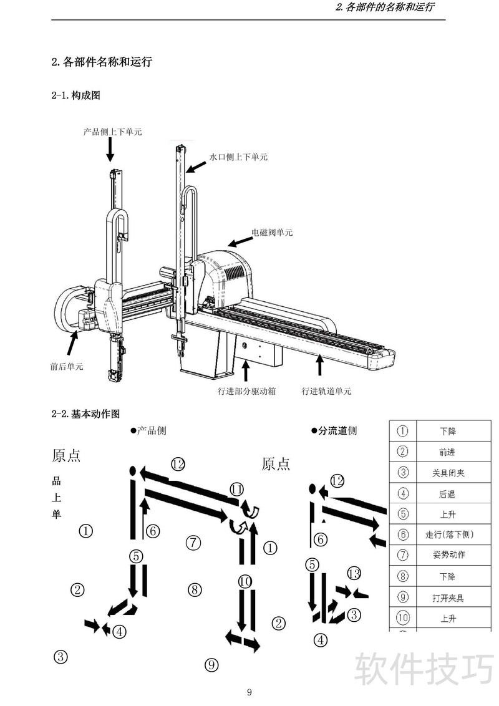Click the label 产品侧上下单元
click(112, 132)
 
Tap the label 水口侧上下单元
click(238, 157)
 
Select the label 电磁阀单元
click(271, 233)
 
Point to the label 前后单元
click(67, 366)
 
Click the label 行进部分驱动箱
click(247, 392)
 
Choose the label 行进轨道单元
click(326, 392)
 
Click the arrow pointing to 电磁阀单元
click(238, 242)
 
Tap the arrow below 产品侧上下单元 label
click(110, 150)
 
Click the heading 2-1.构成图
click(76, 95)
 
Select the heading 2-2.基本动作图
click(85, 413)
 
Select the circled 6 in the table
click(403, 534)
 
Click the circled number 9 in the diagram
click(212, 665)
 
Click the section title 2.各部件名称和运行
click(102, 62)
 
